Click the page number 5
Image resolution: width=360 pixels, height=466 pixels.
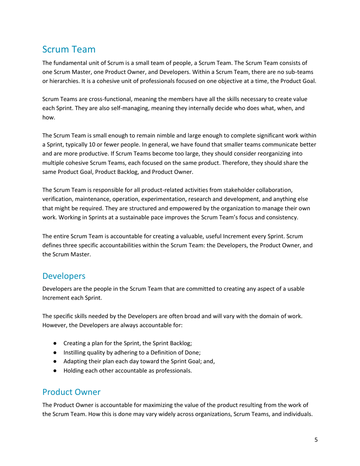(316, 440)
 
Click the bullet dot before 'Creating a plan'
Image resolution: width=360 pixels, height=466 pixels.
(55, 344)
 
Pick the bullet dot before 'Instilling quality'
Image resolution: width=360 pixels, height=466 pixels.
(55, 353)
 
